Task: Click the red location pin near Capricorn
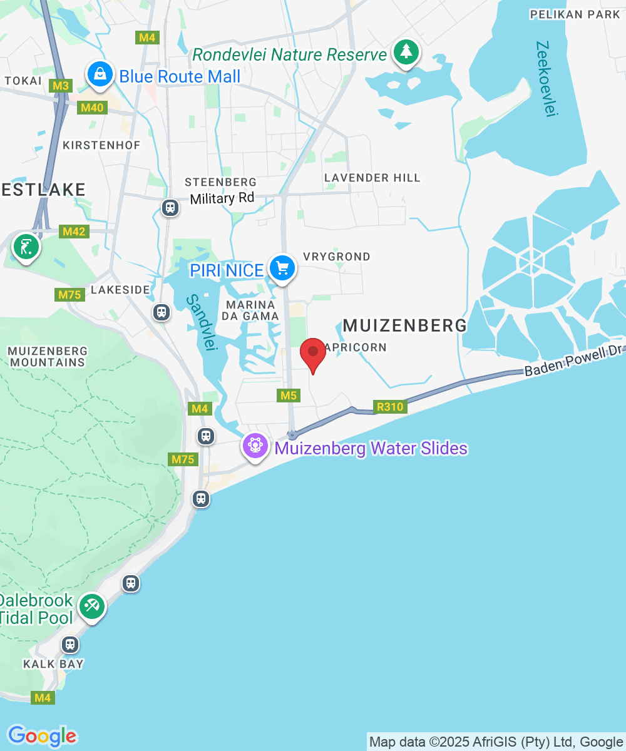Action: (313, 354)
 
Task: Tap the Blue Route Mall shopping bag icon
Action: (100, 74)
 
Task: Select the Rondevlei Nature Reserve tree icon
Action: (406, 53)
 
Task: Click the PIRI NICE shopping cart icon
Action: (282, 268)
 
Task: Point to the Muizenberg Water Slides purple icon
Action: (255, 447)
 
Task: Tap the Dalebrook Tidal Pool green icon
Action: (92, 606)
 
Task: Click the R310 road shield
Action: (390, 407)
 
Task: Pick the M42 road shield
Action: (74, 232)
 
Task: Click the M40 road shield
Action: (91, 108)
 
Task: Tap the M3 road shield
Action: (61, 85)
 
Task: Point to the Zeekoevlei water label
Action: (546, 78)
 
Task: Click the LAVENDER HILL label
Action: (372, 178)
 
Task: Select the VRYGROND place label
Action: (336, 257)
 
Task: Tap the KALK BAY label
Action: (54, 663)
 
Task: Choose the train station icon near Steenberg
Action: (170, 207)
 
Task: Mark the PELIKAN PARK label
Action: (574, 14)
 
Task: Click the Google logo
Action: (41, 736)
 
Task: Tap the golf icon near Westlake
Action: (26, 247)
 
